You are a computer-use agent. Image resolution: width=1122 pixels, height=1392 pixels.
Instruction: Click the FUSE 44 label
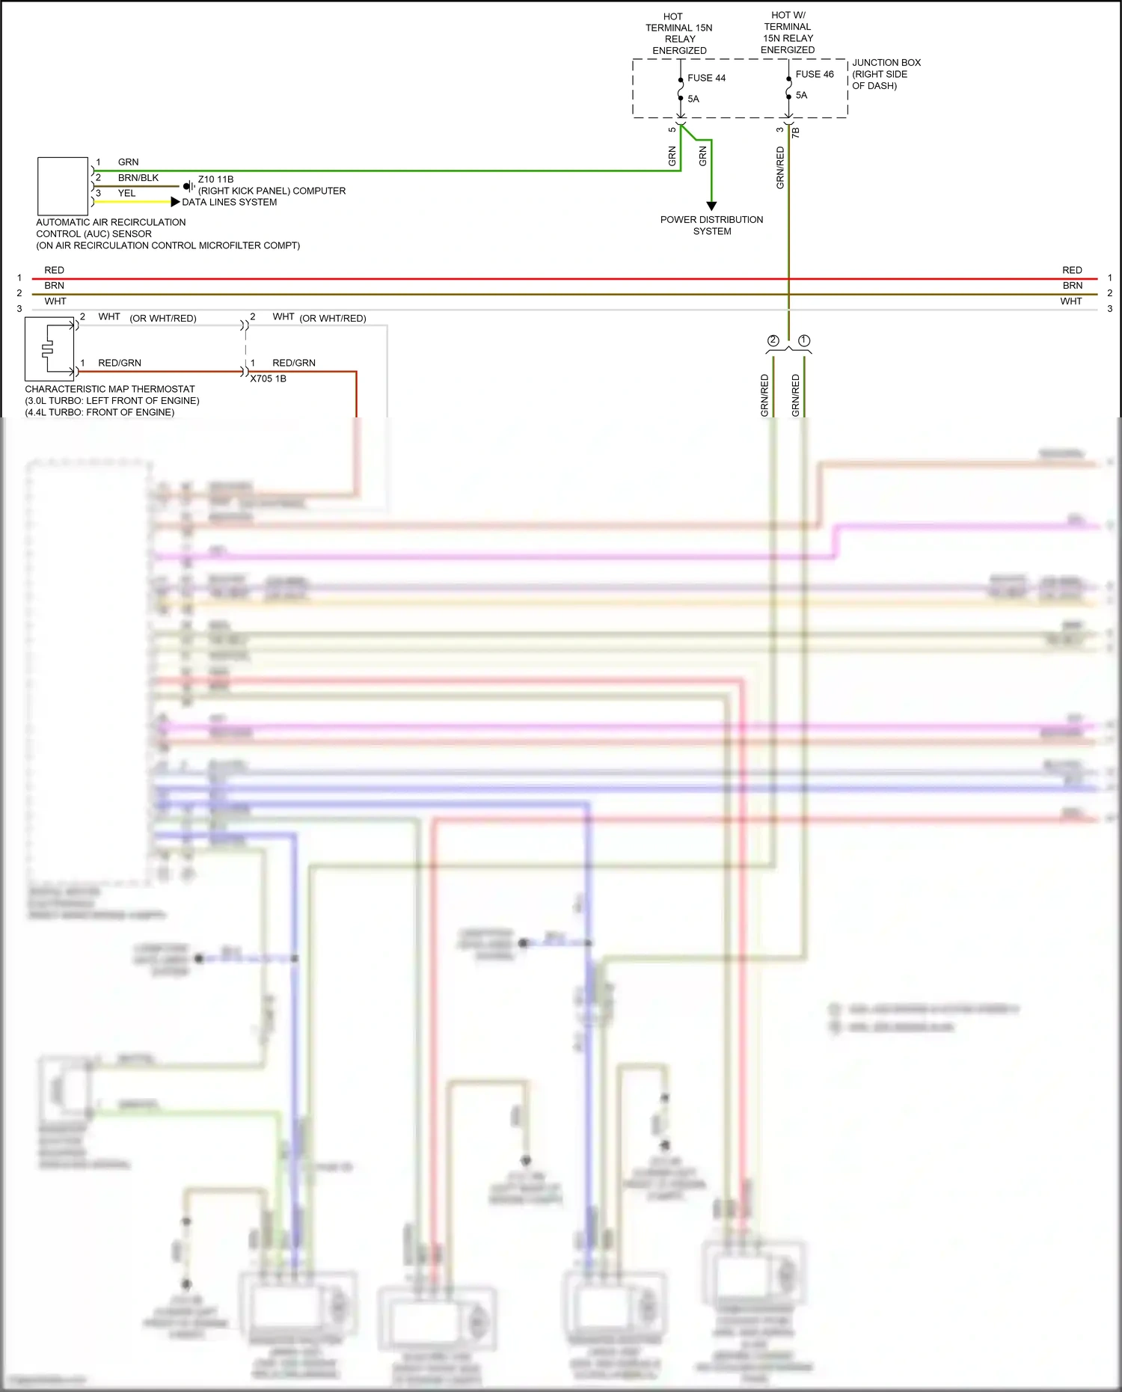[x=706, y=78]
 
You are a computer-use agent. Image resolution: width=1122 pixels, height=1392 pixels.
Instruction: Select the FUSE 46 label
[x=814, y=74]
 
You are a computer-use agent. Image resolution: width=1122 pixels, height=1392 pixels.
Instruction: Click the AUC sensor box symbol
[x=63, y=186]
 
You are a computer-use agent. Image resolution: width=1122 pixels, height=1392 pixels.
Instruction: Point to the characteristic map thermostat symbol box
[x=49, y=349]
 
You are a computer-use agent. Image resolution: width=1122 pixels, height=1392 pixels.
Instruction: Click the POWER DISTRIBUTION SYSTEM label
[x=711, y=225]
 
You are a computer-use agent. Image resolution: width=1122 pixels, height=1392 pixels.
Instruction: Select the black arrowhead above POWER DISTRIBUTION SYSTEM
[x=711, y=206]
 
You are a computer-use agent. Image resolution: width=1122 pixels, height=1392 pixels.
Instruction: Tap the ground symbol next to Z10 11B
[x=188, y=186]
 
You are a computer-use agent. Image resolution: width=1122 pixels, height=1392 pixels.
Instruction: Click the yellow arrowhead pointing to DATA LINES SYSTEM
[x=175, y=202]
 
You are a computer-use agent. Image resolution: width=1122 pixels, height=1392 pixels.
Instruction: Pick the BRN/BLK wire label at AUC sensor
[x=138, y=178]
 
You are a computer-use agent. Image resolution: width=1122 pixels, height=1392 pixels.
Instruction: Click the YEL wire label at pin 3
[x=126, y=193]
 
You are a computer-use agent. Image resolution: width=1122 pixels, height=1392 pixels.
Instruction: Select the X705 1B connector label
[x=268, y=378]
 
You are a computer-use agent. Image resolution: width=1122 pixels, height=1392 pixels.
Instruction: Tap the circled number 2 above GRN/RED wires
[x=773, y=340]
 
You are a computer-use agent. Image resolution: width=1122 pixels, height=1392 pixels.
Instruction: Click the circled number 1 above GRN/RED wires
[x=804, y=340]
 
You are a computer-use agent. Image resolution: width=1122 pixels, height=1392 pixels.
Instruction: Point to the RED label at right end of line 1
[x=1072, y=270]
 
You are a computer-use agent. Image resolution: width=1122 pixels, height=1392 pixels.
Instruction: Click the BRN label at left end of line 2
[x=54, y=286]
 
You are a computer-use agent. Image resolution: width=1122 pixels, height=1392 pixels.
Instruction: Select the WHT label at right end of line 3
[x=1070, y=301]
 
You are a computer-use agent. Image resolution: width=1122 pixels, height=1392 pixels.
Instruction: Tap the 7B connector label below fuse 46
[x=796, y=132]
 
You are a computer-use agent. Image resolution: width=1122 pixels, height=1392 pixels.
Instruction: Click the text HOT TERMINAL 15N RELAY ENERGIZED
[x=678, y=34]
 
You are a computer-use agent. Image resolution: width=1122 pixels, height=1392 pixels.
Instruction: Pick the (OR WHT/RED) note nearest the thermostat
[x=163, y=319]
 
